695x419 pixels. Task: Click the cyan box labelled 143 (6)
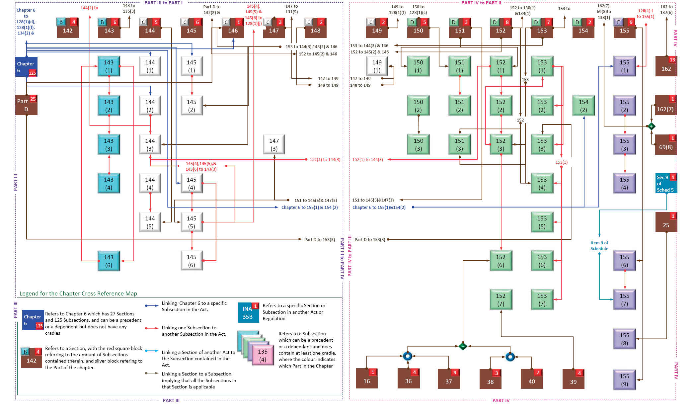click(109, 261)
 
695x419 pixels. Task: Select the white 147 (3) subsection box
click(274, 145)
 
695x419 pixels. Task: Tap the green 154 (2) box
click(583, 106)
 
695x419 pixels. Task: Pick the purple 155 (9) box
click(624, 380)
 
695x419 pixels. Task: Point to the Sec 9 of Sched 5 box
click(665, 183)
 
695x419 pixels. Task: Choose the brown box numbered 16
click(366, 378)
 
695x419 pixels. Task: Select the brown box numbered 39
click(573, 379)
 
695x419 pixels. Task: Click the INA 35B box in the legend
click(248, 313)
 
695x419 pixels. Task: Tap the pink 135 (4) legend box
click(263, 355)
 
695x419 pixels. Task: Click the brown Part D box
click(26, 105)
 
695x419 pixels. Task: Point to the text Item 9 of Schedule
click(599, 246)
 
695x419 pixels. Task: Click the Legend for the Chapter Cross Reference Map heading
click(78, 293)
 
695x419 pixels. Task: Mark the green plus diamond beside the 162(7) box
click(651, 126)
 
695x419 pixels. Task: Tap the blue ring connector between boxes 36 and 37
click(408, 356)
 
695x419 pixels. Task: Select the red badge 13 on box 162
click(672, 60)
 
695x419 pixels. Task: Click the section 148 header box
click(315, 28)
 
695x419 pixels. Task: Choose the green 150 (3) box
click(418, 145)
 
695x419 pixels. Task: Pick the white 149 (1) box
click(377, 66)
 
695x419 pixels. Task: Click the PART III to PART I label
click(163, 3)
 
